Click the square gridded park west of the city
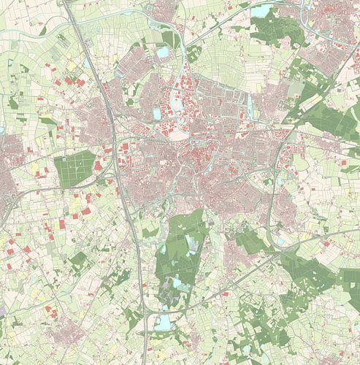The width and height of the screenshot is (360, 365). pos(75,168)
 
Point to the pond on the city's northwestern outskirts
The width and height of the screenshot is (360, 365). pos(161,53)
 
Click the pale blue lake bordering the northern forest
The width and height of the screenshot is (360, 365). pos(261,9)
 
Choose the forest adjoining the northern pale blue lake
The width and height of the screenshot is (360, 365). pos(281,28)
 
